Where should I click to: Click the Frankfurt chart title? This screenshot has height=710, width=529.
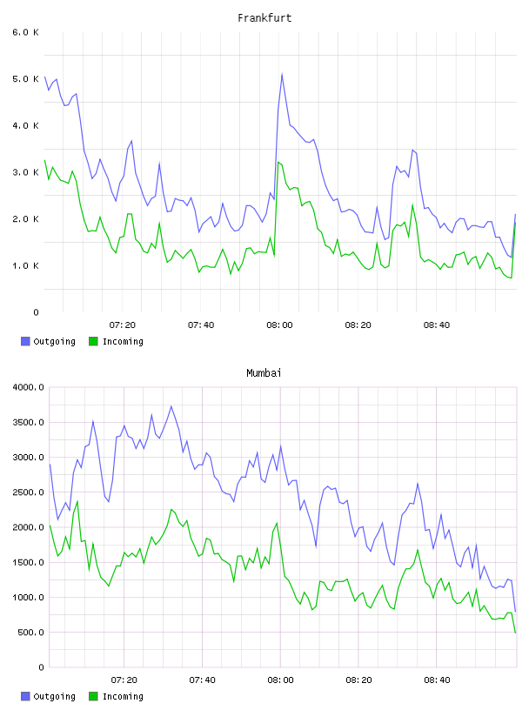(264, 17)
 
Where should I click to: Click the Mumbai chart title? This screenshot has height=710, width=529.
(264, 372)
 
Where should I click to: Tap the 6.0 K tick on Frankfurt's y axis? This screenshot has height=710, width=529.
(25, 32)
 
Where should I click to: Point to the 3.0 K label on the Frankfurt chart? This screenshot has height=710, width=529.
(25, 172)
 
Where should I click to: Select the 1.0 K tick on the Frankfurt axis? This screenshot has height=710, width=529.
(25, 265)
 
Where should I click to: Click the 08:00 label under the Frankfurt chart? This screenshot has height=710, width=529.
(279, 325)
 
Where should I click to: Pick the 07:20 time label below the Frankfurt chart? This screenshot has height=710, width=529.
(123, 325)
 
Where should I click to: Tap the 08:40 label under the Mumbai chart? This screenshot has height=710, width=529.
(437, 680)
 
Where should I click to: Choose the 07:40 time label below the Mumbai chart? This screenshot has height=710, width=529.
(202, 680)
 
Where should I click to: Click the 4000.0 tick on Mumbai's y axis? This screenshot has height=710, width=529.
(28, 387)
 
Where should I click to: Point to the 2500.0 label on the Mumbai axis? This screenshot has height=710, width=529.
(28, 492)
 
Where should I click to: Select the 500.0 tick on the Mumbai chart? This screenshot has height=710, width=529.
(30, 632)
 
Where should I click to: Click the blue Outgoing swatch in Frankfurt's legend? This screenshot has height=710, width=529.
(25, 341)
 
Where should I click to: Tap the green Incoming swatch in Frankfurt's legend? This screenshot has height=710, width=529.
(93, 341)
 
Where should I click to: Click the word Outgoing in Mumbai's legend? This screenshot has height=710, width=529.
(54, 696)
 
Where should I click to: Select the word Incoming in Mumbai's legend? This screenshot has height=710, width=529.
(123, 696)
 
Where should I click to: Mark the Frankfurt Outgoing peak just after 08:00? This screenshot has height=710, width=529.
(282, 74)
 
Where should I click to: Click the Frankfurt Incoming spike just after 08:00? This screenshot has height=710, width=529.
(278, 162)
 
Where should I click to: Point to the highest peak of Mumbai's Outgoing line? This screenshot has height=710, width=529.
(171, 406)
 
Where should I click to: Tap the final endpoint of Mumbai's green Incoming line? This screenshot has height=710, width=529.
(515, 633)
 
